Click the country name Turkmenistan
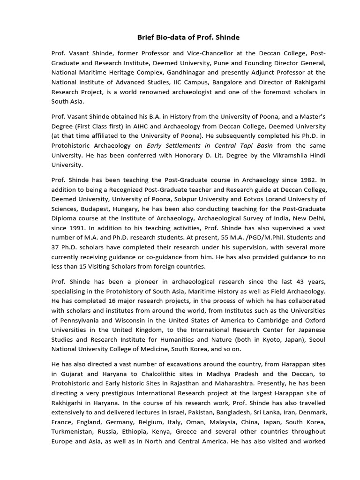73,432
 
